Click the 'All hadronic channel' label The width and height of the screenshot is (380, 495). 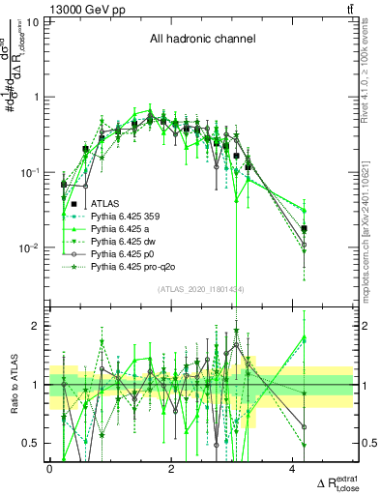202,40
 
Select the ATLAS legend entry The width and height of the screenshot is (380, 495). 105,204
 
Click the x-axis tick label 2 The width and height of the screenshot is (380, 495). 170,469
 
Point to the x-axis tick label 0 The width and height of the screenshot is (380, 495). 49,469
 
